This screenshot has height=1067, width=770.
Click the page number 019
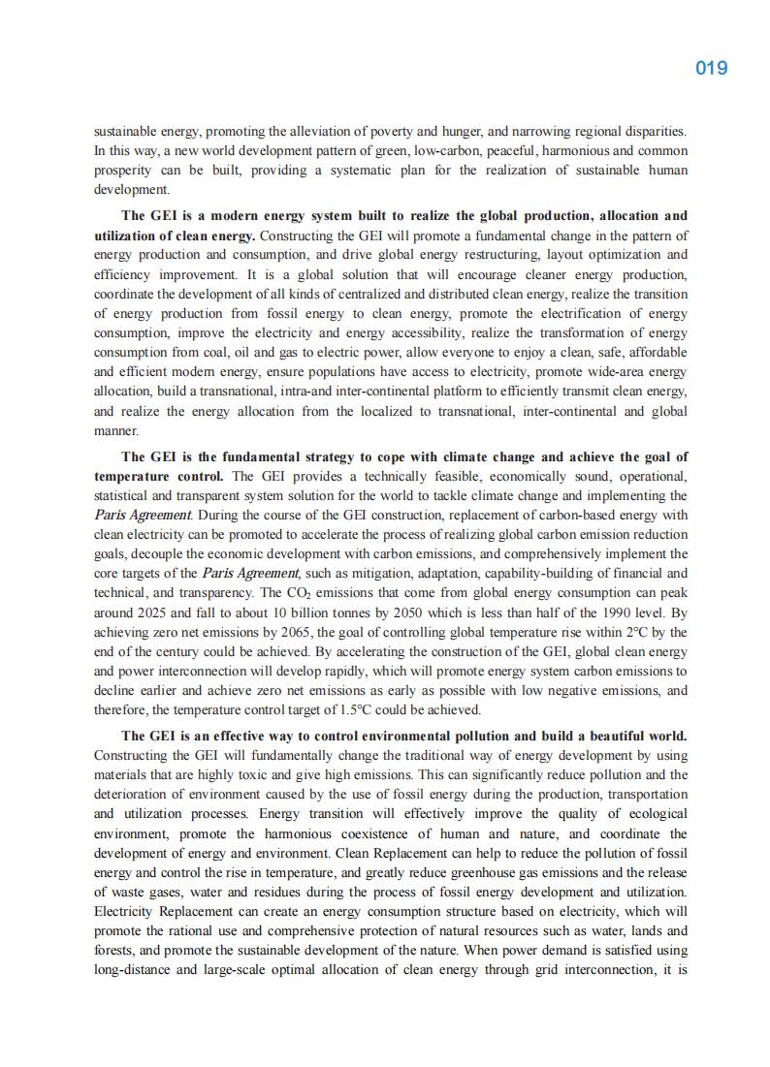(x=711, y=68)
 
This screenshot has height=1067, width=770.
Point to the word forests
(x=115, y=950)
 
